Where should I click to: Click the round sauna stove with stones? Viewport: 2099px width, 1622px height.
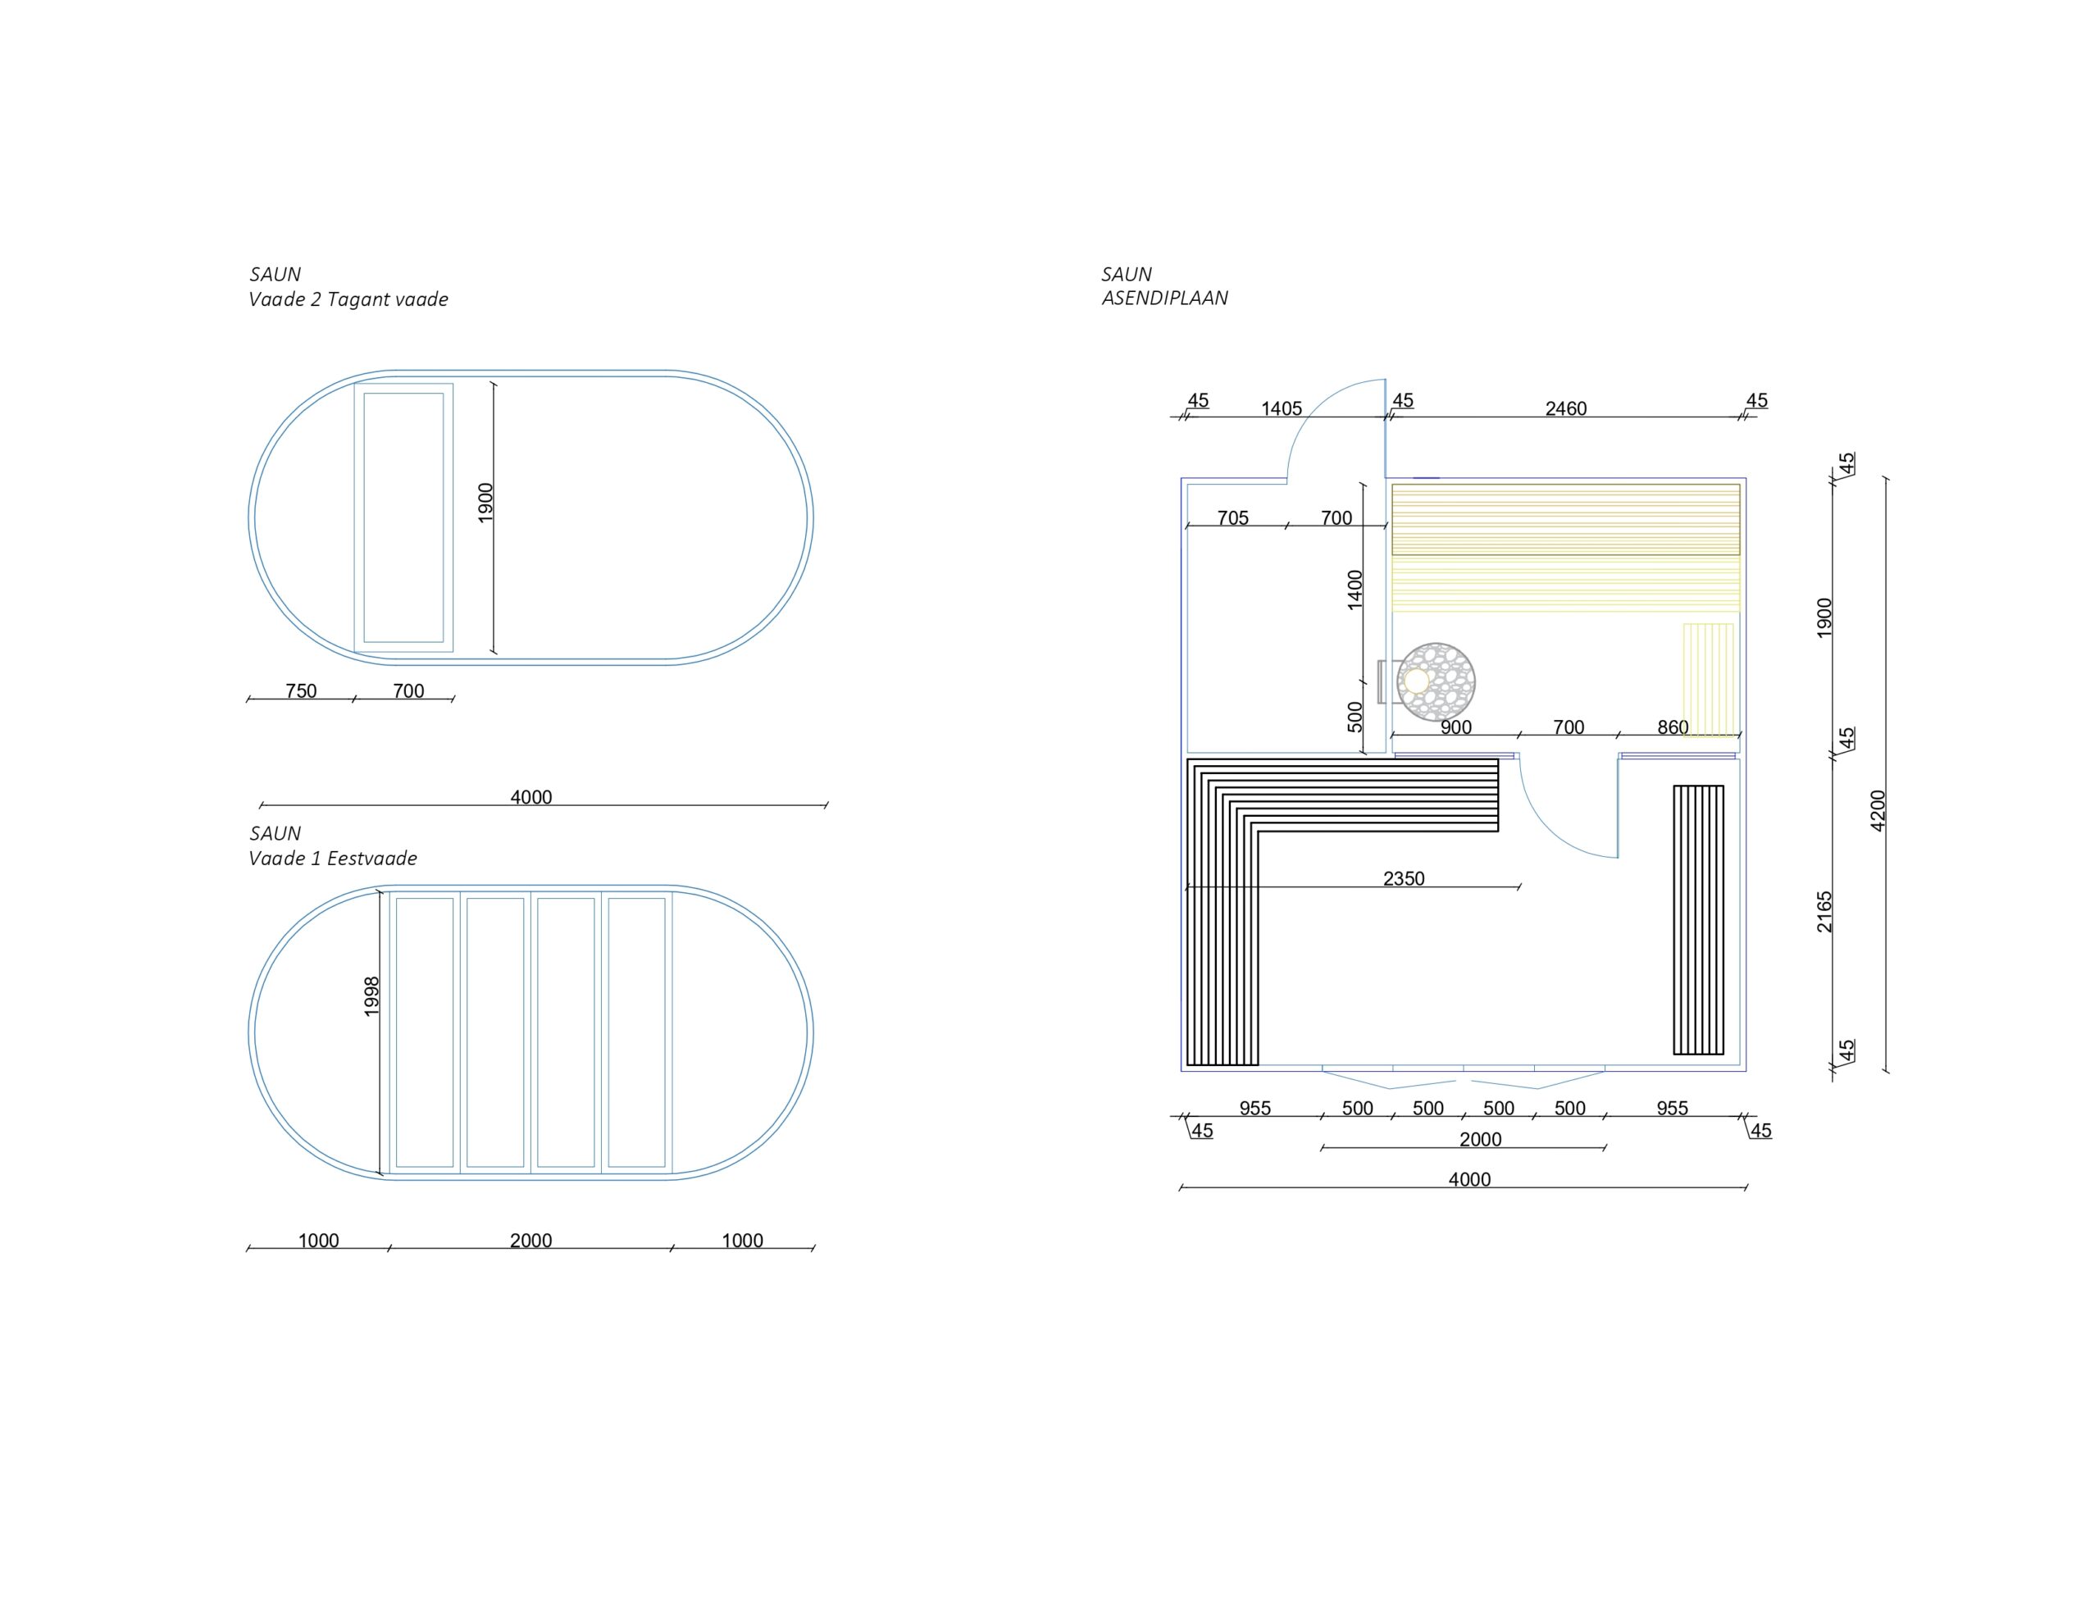click(1436, 681)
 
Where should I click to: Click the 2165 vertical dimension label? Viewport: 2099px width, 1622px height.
click(1825, 912)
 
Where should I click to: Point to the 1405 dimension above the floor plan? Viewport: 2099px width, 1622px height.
click(1281, 408)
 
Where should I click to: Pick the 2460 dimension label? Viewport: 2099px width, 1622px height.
click(1565, 408)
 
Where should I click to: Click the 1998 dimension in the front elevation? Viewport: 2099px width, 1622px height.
click(373, 997)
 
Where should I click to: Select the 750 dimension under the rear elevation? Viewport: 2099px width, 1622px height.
click(301, 691)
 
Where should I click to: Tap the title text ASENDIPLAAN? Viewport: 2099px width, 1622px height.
click(1165, 298)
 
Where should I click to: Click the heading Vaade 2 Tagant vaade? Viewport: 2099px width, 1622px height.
click(348, 299)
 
